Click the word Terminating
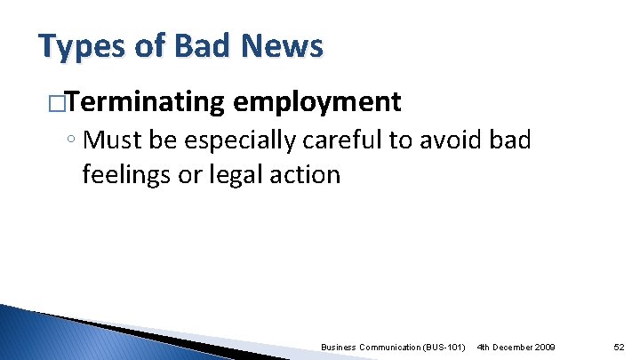[145, 102]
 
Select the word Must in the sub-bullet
[118, 140]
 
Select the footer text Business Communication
[365, 345]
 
